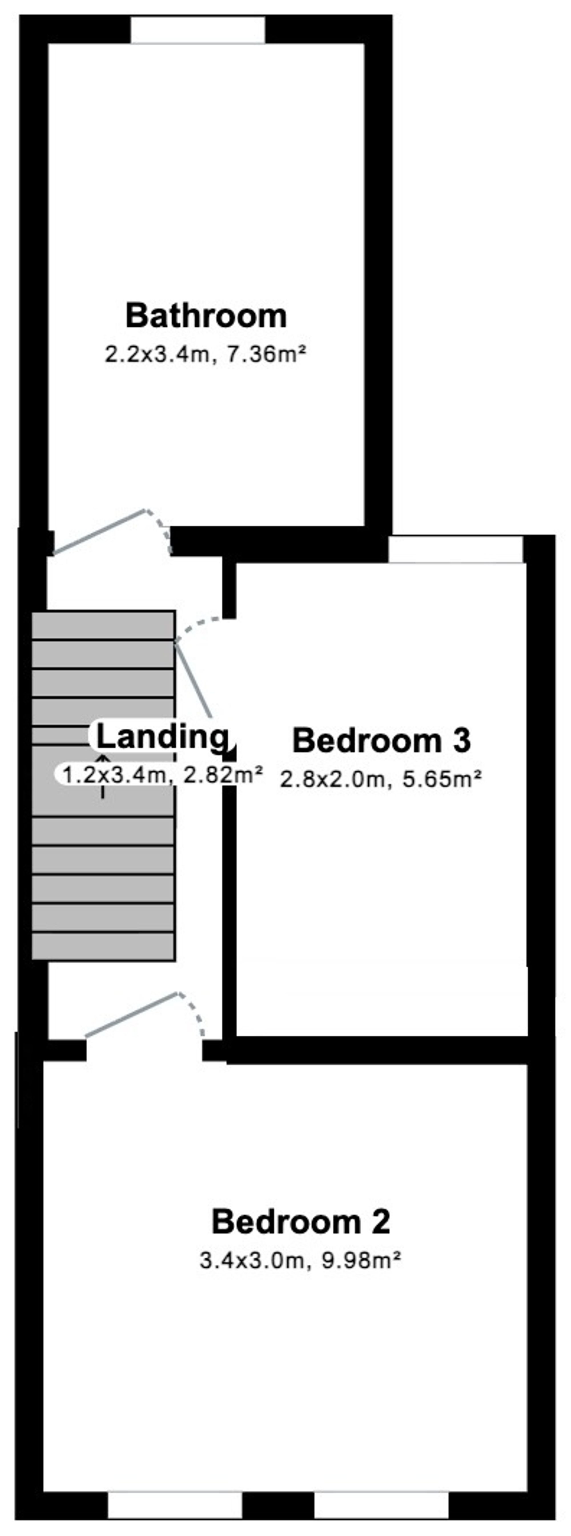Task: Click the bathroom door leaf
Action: pyautogui.click(x=99, y=532)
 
